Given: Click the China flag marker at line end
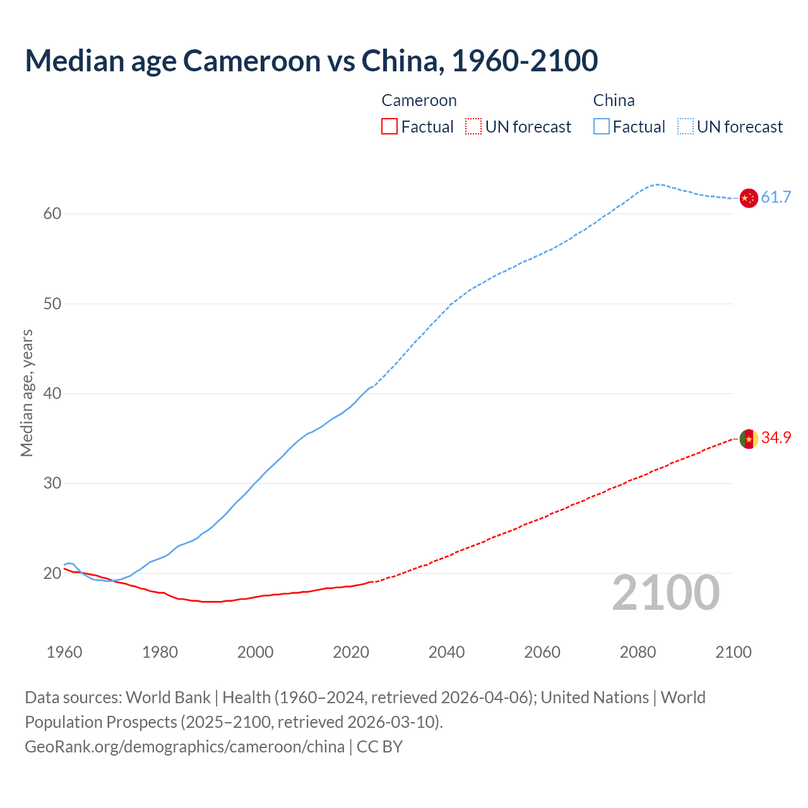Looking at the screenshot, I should [x=748, y=198].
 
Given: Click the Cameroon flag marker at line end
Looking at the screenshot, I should [x=749, y=439].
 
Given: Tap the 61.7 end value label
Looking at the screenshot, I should [x=776, y=198].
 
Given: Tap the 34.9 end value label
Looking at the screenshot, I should [x=776, y=438].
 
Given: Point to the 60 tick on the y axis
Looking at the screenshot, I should [x=52, y=214].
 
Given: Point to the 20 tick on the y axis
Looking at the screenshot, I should [x=52, y=574].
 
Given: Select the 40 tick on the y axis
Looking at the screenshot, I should [x=52, y=394].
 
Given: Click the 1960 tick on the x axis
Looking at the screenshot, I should [x=64, y=652].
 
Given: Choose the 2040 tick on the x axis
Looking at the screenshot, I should [x=447, y=652].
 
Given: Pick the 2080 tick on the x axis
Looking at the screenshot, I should [x=638, y=652].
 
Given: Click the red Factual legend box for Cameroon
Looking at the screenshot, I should [x=389, y=127].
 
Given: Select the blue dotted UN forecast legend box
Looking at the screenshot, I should [x=686, y=127].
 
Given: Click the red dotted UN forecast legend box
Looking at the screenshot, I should [x=473, y=127].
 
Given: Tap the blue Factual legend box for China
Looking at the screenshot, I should [x=602, y=127].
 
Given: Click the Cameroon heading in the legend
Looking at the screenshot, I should [x=419, y=101].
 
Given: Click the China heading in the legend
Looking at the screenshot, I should [x=614, y=101].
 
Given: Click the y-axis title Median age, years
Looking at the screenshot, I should [x=27, y=393].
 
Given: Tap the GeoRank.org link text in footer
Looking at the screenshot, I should [x=184, y=747].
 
